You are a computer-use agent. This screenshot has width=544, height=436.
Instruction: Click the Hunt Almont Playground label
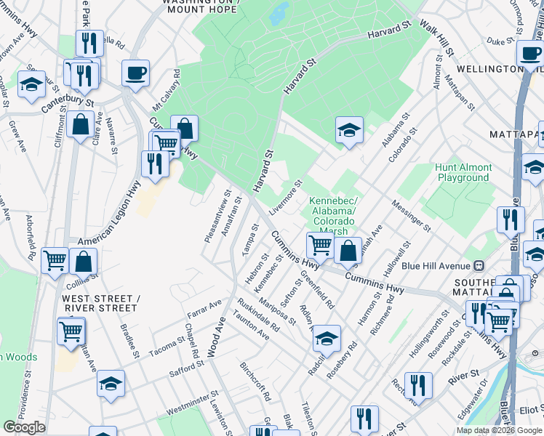pyautogui.click(x=463, y=172)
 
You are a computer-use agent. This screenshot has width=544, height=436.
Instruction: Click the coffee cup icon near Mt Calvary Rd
pyautogui.click(x=135, y=73)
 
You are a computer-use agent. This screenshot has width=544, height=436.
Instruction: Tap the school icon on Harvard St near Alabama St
pyautogui.click(x=349, y=131)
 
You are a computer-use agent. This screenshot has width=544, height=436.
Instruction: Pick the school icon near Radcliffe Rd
pyautogui.click(x=327, y=338)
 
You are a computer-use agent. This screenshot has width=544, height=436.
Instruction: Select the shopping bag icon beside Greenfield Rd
pyautogui.click(x=348, y=251)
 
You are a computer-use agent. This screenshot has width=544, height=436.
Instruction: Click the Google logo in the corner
pyautogui.click(x=25, y=427)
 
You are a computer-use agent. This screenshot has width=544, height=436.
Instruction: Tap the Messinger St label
pyautogui.click(x=412, y=217)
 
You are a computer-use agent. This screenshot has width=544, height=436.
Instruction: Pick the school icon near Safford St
pyautogui.click(x=111, y=384)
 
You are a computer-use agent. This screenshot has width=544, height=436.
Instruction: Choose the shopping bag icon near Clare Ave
pyautogui.click(x=79, y=125)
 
